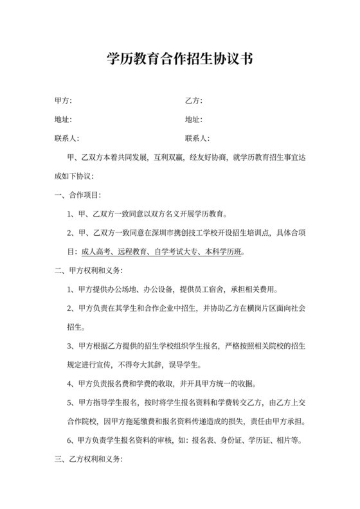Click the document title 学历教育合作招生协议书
pyautogui.click(x=179, y=60)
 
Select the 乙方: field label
pyautogui.click(x=194, y=101)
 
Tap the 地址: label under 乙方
pyautogui.click(x=194, y=120)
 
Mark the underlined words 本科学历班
pyautogui.click(x=225, y=251)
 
